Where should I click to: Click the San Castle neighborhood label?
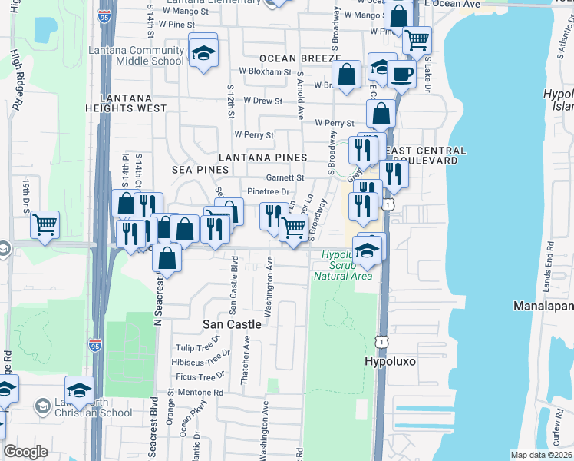[232, 324]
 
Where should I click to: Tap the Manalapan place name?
[543, 306]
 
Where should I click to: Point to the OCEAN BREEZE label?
[299, 58]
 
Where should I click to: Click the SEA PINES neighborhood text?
[200, 169]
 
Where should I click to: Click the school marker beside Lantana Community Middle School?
[203, 53]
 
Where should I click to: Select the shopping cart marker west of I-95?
[45, 225]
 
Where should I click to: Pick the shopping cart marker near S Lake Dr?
[417, 40]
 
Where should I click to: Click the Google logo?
[25, 452]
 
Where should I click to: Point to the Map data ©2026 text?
[542, 455]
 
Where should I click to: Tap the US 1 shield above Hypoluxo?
[381, 339]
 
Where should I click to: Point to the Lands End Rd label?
[550, 264]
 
